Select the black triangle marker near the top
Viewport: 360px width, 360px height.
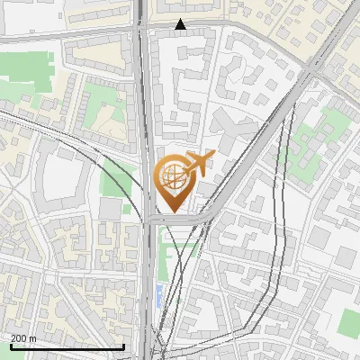click(x=181, y=24)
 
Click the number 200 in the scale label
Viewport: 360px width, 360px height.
click(x=19, y=337)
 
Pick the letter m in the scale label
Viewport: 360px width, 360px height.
click(x=33, y=337)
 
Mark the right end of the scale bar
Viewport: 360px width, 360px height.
click(x=123, y=346)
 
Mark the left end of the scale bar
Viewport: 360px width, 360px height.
click(x=10, y=346)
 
